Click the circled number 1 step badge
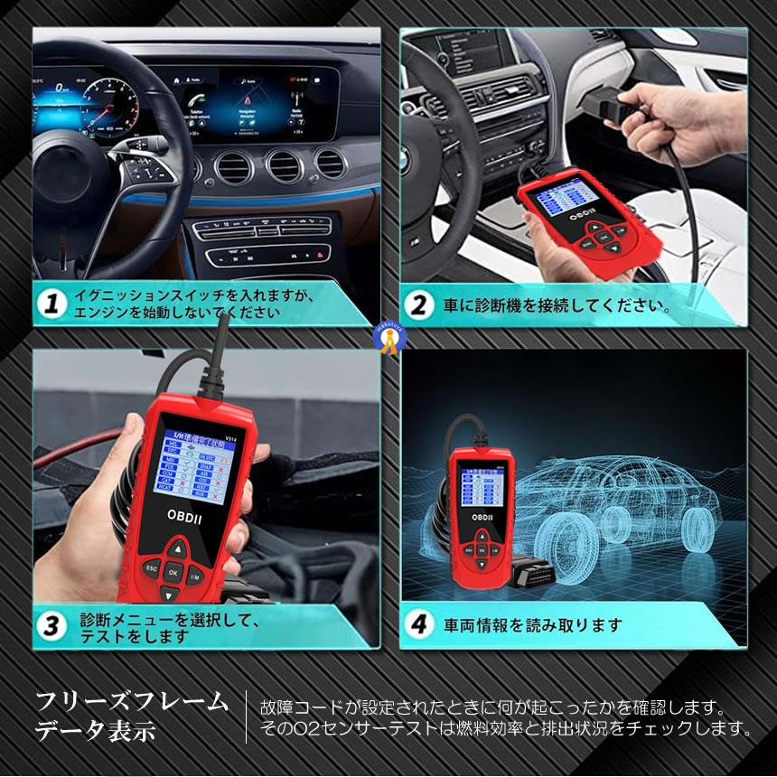(53, 305)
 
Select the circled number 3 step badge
(53, 626)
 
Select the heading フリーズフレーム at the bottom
(133, 701)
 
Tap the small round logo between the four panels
(389, 336)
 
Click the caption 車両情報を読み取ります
(533, 624)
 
